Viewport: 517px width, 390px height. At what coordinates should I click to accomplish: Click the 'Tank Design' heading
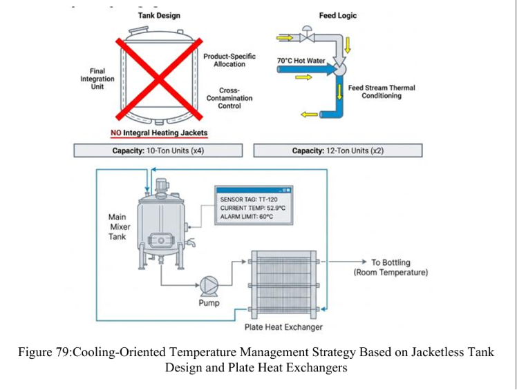point(159,15)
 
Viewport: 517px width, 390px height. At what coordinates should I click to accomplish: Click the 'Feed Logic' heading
point(337,15)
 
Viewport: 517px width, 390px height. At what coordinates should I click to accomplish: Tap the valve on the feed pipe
point(307,35)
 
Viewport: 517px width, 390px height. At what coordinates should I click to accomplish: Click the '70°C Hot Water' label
point(301,61)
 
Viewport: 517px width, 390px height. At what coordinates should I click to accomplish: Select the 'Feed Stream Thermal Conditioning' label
point(382,92)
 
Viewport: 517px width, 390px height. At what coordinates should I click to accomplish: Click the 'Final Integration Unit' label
point(97,79)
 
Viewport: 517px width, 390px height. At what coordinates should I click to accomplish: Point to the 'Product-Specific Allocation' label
point(229,60)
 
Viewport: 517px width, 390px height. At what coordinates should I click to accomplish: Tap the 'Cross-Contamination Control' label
point(229,98)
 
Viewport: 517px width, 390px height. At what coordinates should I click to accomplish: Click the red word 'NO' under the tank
point(115,133)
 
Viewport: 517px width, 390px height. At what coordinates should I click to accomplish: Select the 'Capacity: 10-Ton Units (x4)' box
point(158,150)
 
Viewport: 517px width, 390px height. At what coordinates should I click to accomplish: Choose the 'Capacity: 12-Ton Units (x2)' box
point(337,150)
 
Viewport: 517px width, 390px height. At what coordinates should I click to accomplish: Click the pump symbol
point(209,286)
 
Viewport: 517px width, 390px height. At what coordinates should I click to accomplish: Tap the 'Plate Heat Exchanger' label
point(283,327)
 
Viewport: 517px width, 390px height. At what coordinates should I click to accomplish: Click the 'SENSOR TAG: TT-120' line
point(249,199)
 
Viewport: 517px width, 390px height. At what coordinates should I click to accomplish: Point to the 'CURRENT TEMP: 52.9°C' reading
point(252,208)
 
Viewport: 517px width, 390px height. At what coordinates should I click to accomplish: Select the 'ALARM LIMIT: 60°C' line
point(247,217)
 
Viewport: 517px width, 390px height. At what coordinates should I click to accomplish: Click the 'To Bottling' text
point(391,262)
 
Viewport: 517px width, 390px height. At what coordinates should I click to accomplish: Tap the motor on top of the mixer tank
point(162,186)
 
